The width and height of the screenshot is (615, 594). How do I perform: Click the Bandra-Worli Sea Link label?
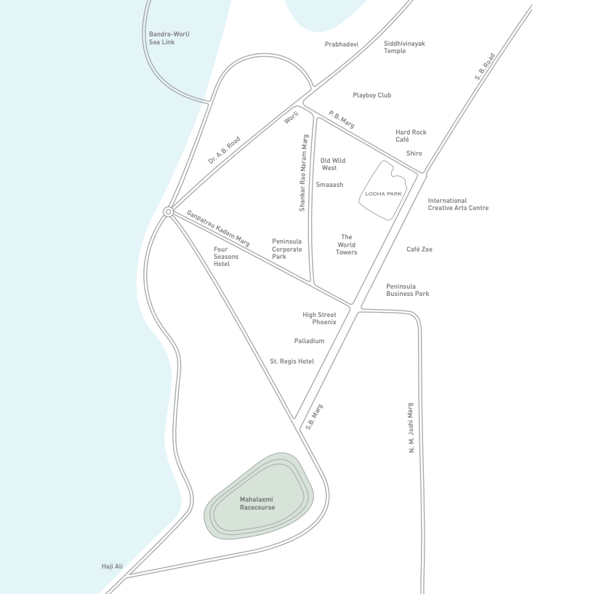click(161, 38)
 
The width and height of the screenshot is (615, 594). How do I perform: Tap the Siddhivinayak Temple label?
click(404, 47)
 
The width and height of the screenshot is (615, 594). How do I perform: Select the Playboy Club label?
click(371, 95)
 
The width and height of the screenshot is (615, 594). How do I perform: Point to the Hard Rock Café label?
click(411, 136)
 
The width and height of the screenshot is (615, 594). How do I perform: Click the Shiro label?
click(414, 153)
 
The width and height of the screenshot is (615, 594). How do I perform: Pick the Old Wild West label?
click(332, 164)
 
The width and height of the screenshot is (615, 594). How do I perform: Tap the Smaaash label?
click(329, 185)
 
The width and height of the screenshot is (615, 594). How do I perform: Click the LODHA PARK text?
click(383, 193)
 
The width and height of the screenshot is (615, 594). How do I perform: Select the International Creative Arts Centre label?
click(458, 204)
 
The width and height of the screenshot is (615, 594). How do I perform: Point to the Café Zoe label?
click(419, 249)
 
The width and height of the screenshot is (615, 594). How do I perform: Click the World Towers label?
click(347, 244)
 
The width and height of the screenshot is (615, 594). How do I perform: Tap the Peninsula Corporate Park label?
click(286, 249)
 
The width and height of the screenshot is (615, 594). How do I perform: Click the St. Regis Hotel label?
click(292, 361)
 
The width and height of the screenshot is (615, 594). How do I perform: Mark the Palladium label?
click(309, 341)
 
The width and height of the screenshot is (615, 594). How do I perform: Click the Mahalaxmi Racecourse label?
click(257, 503)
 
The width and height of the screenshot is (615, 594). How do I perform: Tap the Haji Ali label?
click(112, 566)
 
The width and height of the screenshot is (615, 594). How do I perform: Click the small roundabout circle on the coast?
click(168, 212)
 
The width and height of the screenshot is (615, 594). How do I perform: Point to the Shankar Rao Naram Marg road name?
click(305, 173)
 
